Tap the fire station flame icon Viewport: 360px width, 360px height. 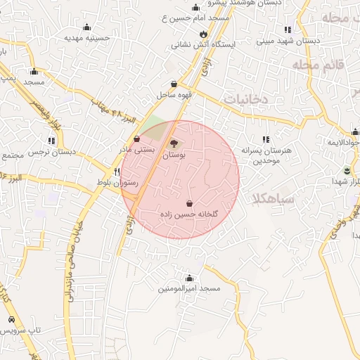click(x=203, y=33)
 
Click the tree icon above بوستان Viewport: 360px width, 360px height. click(x=173, y=143)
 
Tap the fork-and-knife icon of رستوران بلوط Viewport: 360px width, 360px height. click(x=117, y=172)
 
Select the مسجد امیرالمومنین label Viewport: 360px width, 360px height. click(x=189, y=288)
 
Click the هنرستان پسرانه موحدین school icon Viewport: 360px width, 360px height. click(x=265, y=140)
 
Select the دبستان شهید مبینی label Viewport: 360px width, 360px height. click(x=288, y=41)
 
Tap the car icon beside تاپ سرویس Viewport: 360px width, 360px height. click(x=11, y=320)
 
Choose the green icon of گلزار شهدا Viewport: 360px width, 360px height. click(x=347, y=170)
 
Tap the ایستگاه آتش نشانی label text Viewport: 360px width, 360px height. click(x=203, y=44)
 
